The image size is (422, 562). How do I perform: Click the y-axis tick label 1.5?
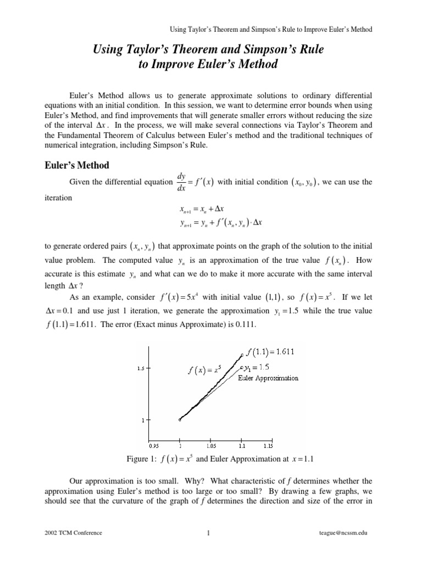coord(141,369)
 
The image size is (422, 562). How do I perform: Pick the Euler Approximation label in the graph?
coord(268,378)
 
